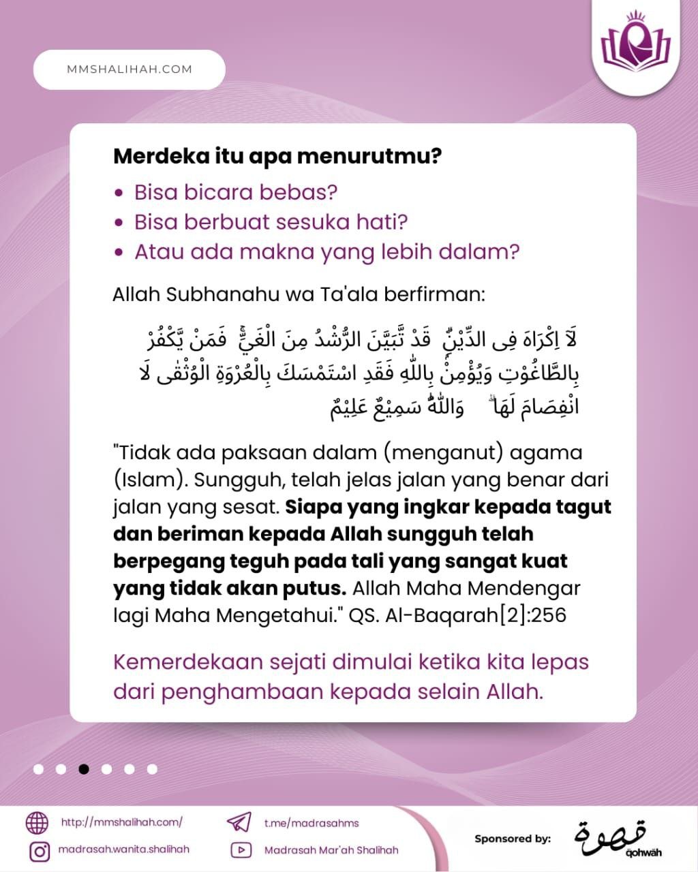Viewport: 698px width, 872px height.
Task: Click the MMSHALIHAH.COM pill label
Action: pos(130,69)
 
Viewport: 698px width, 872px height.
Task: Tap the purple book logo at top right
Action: pos(635,42)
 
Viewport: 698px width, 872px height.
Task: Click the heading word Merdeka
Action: pos(153,156)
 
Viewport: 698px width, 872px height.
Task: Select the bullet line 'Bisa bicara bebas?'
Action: pos(236,192)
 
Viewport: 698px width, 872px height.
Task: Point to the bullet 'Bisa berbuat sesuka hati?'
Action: pos(271,222)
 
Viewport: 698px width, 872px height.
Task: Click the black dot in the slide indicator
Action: pos(84,769)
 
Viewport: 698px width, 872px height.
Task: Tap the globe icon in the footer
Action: pos(37,823)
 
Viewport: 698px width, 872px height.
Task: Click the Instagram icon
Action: pos(40,851)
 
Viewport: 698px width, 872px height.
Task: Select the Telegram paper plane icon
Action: pos(239,822)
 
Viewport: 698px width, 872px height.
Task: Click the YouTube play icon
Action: pos(240,850)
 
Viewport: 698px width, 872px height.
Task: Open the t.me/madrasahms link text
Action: pos(312,823)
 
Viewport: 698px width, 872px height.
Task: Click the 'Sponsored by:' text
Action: pos(513,839)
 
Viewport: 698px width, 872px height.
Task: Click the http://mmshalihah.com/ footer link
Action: pos(122,822)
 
